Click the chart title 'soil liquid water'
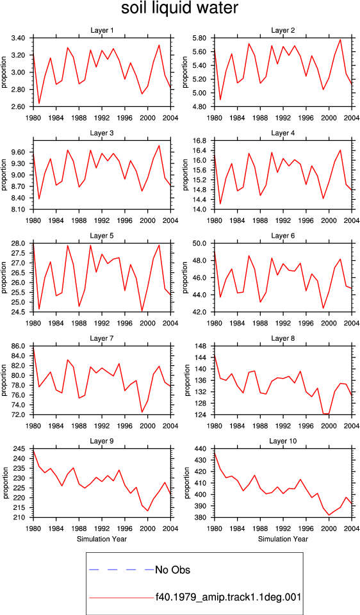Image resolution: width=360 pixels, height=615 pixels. click(179, 8)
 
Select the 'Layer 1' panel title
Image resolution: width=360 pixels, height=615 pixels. click(102, 30)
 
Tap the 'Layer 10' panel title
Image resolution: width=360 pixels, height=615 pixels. click(282, 441)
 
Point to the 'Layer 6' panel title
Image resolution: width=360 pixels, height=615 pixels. click(282, 236)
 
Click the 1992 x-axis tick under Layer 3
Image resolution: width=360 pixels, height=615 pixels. click(102, 220)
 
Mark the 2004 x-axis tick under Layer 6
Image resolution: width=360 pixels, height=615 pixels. click(352, 323)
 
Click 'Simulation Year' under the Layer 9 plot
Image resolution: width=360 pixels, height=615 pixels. click(102, 539)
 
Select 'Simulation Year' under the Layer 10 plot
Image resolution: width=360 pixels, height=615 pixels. click(282, 539)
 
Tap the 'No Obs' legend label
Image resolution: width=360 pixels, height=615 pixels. click(172, 570)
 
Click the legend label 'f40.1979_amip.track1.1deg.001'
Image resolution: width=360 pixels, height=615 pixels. click(228, 597)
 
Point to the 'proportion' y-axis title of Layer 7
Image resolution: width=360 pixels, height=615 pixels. click(4, 380)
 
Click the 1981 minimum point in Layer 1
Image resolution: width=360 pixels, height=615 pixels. click(39, 104)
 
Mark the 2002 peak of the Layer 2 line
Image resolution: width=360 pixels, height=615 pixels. click(340, 40)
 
